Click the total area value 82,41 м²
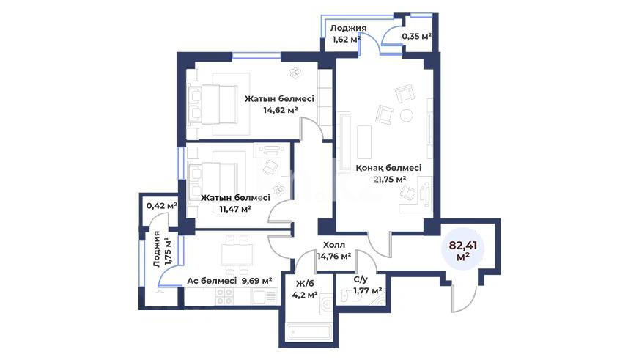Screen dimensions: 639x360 tap(463, 251)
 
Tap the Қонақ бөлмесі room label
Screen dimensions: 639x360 tap(388, 168)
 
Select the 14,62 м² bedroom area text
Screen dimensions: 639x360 tap(281, 109)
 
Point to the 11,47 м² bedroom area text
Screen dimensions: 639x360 tap(234, 209)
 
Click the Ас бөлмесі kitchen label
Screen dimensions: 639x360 tap(212, 281)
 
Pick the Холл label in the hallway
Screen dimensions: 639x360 tap(333, 245)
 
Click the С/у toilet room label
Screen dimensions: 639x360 tap(361, 279)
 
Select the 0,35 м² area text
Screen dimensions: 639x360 tap(417, 36)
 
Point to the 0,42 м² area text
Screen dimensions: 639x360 tap(162, 206)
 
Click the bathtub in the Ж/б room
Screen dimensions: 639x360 tap(309, 331)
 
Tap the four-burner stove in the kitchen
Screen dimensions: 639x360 tap(224, 296)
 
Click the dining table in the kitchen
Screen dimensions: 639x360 tap(237, 255)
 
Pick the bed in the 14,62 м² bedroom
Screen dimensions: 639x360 tap(213, 104)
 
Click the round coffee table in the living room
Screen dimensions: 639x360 tap(406, 115)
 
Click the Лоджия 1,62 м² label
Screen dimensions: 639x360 tap(347, 34)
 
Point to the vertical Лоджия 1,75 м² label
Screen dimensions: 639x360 tap(162, 249)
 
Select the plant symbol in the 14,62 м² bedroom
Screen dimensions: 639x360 tap(295, 73)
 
